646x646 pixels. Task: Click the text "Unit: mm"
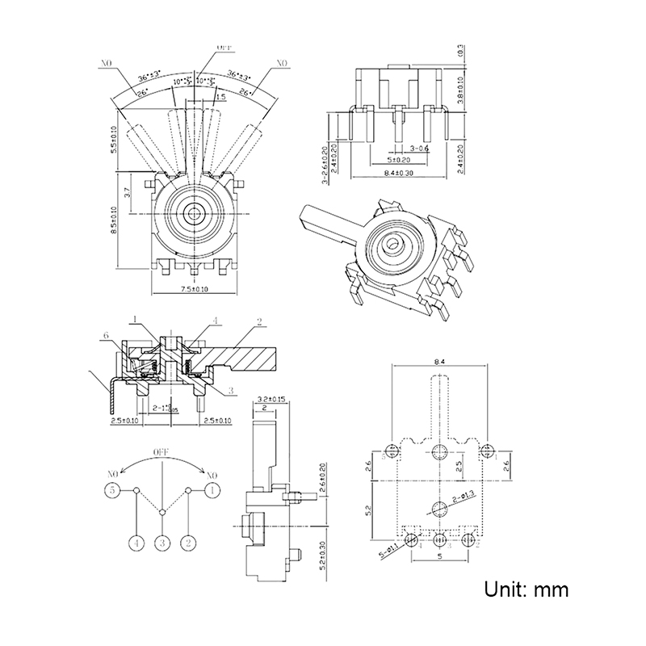[x=526, y=589]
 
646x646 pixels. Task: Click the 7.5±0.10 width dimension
[x=194, y=288]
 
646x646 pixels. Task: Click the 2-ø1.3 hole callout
[x=467, y=495]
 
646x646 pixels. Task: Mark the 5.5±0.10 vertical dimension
[x=114, y=139]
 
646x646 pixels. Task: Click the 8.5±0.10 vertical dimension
[x=114, y=219]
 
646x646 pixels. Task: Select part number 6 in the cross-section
[x=105, y=335]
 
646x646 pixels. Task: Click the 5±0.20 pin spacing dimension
[x=396, y=160]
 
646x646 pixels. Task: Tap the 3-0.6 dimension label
[x=420, y=149]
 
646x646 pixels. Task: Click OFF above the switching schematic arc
[x=163, y=452]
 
